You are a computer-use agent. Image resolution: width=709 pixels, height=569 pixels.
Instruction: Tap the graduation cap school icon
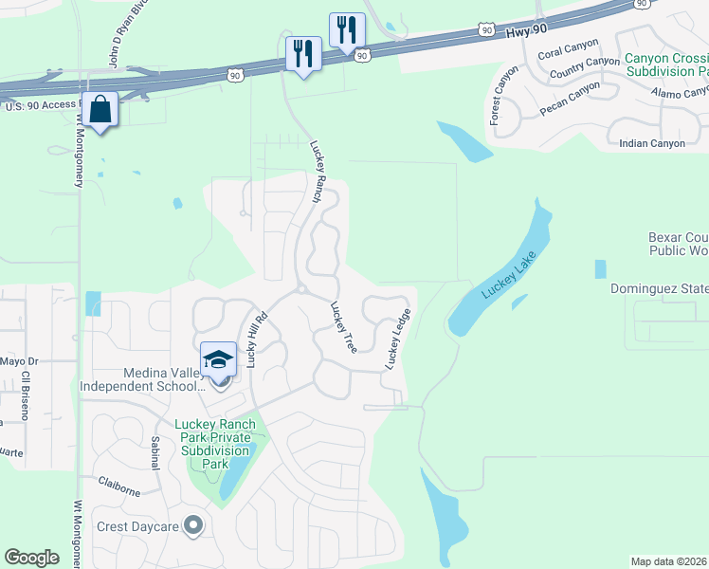(219, 359)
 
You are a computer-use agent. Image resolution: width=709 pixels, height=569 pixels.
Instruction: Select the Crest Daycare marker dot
(194, 524)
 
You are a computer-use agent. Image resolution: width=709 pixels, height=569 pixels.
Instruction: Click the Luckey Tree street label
(343, 327)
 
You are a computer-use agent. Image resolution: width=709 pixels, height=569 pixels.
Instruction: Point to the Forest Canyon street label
(505, 96)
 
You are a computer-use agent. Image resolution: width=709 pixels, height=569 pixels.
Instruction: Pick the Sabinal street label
(155, 452)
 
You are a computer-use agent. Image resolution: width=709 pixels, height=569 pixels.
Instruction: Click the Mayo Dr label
(18, 361)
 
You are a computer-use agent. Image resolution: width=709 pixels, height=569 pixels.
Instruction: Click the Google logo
(31, 558)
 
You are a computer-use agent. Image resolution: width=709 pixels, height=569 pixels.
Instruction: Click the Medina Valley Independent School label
(142, 379)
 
